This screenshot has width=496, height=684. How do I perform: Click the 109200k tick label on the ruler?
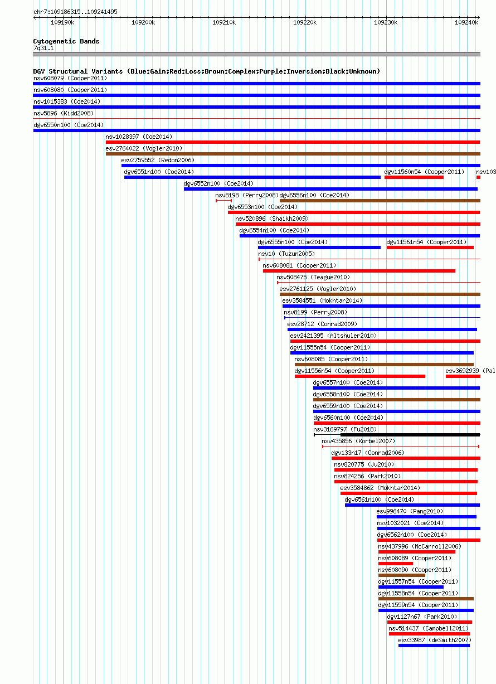143,23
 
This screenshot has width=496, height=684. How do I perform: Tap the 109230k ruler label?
386,23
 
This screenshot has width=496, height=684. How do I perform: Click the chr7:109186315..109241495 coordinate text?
75,12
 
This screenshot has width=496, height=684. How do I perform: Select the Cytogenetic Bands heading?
66,41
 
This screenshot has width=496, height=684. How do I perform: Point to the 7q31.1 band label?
43,48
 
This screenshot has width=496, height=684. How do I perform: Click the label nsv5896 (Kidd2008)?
64,113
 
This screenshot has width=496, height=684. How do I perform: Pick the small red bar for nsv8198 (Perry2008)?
223,201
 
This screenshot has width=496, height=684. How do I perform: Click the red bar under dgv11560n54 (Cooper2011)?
414,177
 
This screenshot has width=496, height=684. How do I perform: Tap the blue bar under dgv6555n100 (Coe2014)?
319,248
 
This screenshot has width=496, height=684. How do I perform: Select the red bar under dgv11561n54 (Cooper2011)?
430,248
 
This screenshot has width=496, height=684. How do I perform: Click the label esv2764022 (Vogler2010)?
144,148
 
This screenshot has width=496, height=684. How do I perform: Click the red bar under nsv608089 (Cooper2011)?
396,564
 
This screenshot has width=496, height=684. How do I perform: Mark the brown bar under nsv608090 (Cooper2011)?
402,575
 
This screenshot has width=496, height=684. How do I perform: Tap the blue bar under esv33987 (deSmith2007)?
434,646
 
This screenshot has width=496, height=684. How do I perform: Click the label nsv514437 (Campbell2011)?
429,628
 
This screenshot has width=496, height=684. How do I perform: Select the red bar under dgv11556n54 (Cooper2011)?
360,376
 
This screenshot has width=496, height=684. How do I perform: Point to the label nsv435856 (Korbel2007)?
358,442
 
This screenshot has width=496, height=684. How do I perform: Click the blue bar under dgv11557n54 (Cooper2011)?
411,587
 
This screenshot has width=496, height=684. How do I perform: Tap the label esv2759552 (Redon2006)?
158,161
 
